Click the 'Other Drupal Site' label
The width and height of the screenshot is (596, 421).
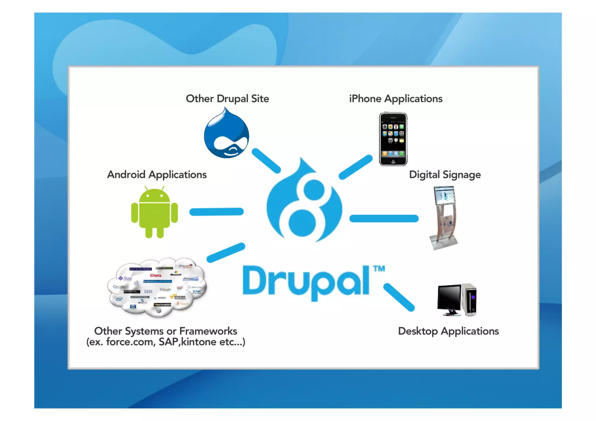[x=227, y=99]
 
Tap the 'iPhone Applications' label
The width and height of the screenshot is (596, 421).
[x=395, y=99]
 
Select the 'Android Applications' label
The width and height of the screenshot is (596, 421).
[x=157, y=175]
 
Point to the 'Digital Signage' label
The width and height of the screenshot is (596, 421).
[x=445, y=175]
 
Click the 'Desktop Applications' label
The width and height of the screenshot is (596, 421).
[x=448, y=331]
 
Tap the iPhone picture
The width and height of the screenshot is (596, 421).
[x=393, y=139]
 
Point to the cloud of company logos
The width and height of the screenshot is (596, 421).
[x=157, y=287]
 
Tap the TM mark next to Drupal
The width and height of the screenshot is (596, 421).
[x=379, y=269]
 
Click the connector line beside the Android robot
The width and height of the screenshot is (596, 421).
[x=217, y=212]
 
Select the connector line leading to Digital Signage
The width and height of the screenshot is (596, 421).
[x=384, y=218]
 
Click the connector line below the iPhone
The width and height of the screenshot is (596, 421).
[x=356, y=167]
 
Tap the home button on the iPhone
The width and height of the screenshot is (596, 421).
[x=393, y=161]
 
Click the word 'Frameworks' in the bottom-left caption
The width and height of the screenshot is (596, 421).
[x=208, y=331]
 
